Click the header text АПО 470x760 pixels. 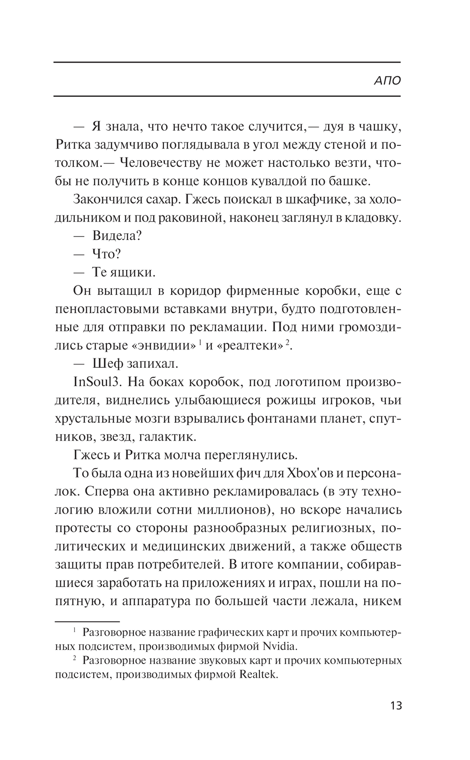click(387, 80)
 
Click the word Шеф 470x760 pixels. click(108, 364)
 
